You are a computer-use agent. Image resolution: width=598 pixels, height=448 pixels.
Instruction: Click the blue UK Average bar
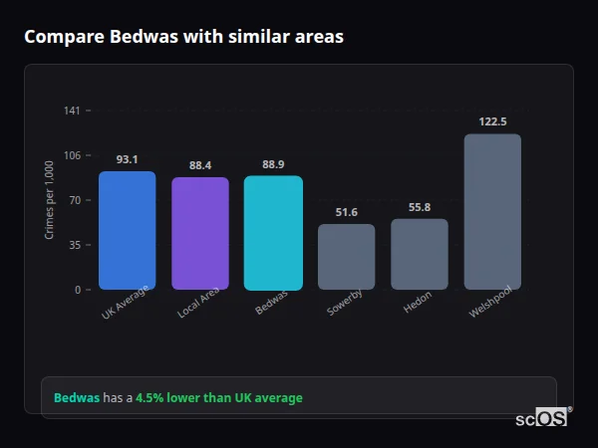(x=127, y=230)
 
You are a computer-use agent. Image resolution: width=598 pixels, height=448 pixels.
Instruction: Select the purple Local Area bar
(x=200, y=233)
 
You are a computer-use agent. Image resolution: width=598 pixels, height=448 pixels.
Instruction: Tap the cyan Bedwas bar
(x=273, y=233)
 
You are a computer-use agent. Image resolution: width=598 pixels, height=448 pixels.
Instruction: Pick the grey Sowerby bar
(x=347, y=257)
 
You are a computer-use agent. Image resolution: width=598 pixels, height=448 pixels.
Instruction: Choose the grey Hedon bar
(x=420, y=254)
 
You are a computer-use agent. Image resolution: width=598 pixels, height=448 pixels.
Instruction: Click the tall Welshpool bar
(x=492, y=211)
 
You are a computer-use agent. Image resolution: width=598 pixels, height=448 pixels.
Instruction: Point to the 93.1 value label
(x=127, y=159)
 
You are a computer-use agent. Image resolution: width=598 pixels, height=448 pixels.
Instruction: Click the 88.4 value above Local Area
(x=200, y=165)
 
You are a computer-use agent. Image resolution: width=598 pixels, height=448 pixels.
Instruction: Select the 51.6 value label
(x=347, y=212)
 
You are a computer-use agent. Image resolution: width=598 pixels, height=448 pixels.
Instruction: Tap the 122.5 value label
(x=492, y=121)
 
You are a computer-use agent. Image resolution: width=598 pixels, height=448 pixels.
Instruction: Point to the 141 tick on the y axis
(x=72, y=111)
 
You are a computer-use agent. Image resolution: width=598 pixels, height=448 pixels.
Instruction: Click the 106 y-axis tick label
(x=72, y=155)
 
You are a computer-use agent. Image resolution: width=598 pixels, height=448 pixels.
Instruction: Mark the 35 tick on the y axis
(x=75, y=245)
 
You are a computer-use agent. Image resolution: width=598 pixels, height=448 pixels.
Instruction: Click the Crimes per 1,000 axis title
(x=50, y=199)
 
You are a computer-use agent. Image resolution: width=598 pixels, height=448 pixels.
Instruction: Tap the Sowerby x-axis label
(x=344, y=302)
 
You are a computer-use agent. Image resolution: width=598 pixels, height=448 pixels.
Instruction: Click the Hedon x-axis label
(x=418, y=303)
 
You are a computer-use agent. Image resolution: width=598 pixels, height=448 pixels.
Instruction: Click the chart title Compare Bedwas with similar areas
(x=183, y=37)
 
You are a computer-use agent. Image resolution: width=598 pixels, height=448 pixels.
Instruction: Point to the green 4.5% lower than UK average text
(x=218, y=398)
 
